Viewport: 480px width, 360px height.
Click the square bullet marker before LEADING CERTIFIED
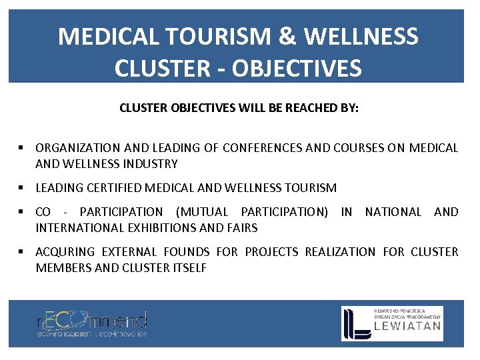click(x=22, y=188)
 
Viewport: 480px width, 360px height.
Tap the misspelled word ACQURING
click(x=65, y=252)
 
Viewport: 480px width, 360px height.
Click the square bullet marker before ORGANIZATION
click(x=22, y=148)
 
